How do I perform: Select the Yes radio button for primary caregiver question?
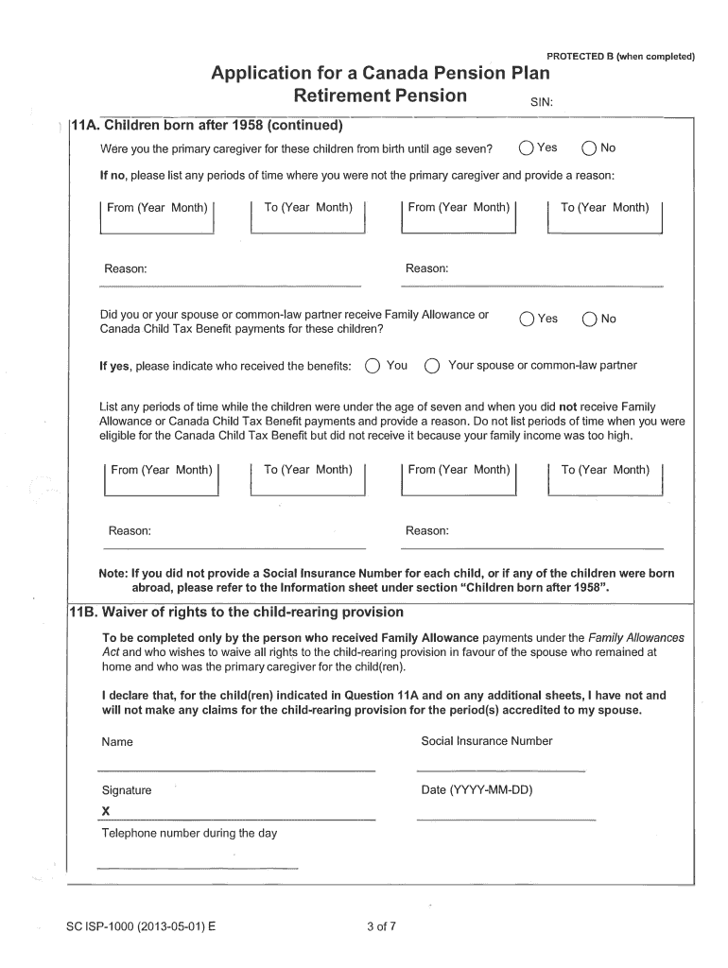(x=526, y=148)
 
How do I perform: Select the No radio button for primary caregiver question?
(x=589, y=148)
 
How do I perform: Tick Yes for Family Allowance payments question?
(x=526, y=320)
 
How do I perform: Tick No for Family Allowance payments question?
(x=589, y=320)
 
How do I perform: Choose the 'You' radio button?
(x=373, y=367)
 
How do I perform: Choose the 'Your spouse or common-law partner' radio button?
(x=432, y=367)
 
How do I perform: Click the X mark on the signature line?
(x=106, y=811)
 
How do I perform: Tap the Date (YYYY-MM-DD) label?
(x=477, y=789)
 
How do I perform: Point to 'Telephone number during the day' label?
(x=189, y=833)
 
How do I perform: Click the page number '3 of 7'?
(x=381, y=925)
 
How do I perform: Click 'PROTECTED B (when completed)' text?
(x=620, y=56)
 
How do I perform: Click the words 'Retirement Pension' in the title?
(x=380, y=95)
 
